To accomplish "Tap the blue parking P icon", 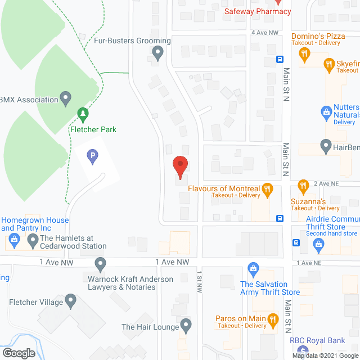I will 93,156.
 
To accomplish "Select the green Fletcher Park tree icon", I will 83,115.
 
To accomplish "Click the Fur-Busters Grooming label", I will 140,40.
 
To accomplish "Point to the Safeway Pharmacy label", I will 258,11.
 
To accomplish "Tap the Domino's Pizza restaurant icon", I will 304,54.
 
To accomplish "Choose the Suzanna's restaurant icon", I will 303,185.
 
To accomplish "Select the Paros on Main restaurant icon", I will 273,321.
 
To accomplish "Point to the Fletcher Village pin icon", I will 70,301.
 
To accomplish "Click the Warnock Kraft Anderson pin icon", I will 101,263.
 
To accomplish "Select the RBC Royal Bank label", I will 317,340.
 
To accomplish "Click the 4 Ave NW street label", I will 265,33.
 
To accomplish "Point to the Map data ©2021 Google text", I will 325,355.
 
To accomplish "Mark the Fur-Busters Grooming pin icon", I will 157,53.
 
